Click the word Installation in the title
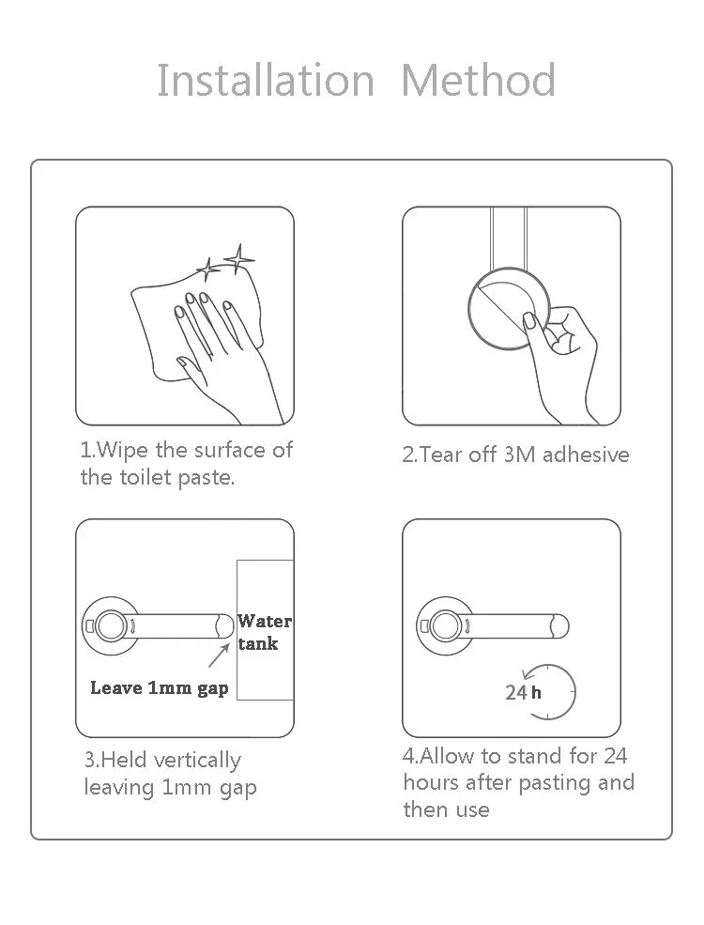coord(266,80)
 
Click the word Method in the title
coord(478,80)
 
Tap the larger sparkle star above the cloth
coord(239,258)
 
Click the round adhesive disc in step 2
coord(509,309)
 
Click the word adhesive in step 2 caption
coord(586,455)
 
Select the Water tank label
coord(265,632)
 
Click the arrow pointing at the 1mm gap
coord(219,655)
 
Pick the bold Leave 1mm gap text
coord(160,688)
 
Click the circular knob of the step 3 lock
coord(110,626)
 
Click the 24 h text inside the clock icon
coord(523,692)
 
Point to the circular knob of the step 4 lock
coord(446,626)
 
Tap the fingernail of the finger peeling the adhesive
coord(530,321)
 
